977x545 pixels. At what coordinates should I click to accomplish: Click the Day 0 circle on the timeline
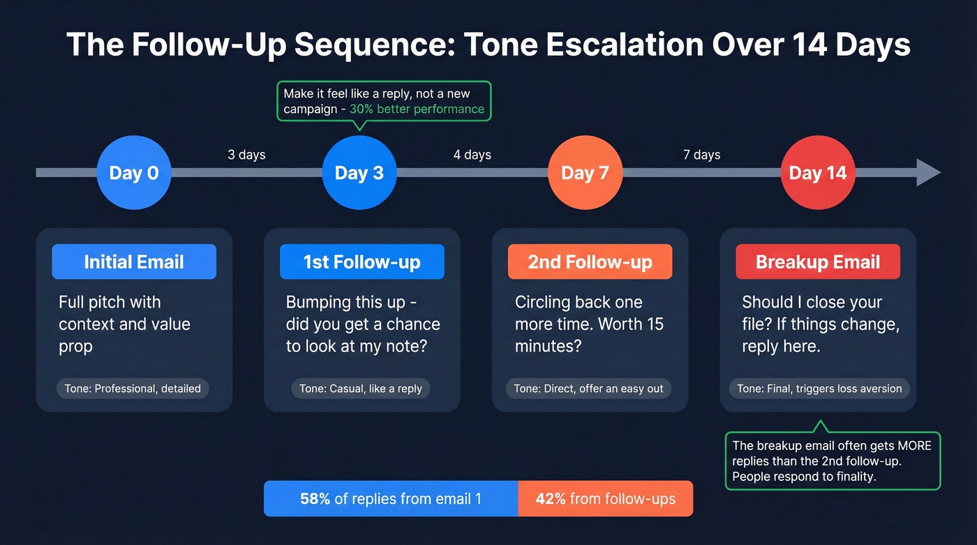coord(134,172)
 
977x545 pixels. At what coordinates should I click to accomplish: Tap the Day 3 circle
coord(359,172)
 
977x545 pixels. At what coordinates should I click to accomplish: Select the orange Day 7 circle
coord(585,172)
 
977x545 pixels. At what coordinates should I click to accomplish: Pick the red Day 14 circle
coord(817,172)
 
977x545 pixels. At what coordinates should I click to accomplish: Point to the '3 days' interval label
coord(246,154)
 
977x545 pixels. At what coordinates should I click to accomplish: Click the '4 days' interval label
coord(472,154)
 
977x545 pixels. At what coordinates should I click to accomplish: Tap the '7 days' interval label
coord(701,154)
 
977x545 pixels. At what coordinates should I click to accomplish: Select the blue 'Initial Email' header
coord(134,262)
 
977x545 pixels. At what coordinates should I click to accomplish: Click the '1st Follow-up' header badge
coord(361,262)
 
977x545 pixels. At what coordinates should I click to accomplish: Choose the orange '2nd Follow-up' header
coord(590,262)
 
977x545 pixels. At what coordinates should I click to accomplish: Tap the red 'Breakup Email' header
coord(818,262)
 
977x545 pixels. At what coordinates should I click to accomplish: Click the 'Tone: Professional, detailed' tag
coord(133,389)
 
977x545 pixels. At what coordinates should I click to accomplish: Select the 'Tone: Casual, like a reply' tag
coord(361,389)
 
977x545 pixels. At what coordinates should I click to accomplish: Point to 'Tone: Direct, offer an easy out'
coord(588,389)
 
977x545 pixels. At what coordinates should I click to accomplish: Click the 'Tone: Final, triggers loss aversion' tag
coord(819,389)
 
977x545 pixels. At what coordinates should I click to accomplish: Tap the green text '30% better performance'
coord(417,109)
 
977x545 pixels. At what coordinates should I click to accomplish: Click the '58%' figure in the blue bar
coord(315,499)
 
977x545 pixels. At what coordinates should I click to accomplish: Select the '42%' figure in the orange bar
coord(550,499)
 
